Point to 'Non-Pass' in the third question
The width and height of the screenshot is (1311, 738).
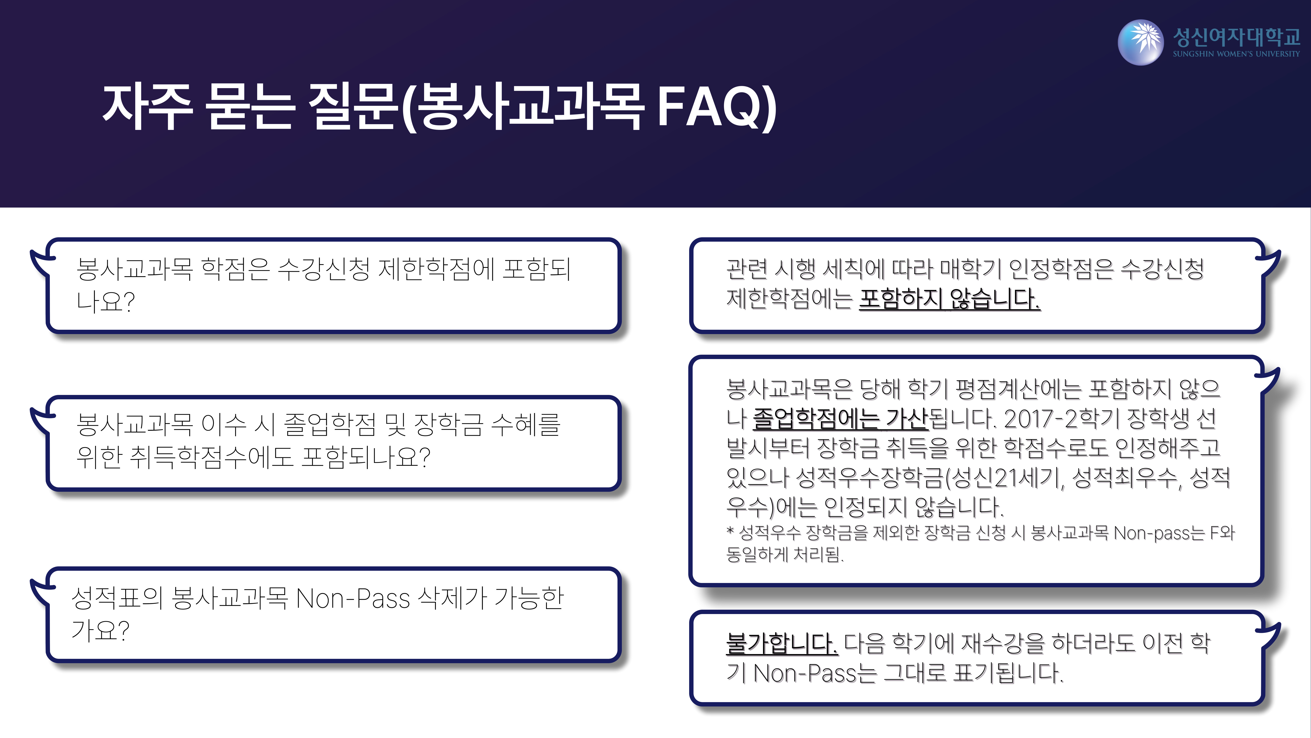tap(353, 598)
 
